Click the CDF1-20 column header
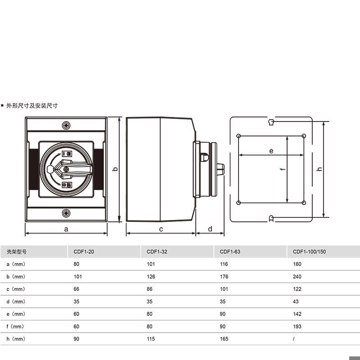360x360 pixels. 84,252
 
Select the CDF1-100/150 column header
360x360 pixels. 309,252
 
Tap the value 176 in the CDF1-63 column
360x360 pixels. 224,277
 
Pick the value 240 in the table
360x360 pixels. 297,277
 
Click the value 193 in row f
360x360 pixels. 297,326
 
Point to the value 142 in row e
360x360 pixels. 297,314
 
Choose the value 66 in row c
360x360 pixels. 76,289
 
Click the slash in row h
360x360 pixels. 294,339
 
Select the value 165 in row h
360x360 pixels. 224,339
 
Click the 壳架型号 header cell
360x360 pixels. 10,252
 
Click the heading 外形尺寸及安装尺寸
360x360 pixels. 31,106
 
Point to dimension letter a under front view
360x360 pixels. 66,229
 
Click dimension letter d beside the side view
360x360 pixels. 210,229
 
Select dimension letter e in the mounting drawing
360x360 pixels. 271,151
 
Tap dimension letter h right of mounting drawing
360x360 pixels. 319,169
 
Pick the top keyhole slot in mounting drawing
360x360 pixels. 271,122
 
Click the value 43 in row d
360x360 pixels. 296,301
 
